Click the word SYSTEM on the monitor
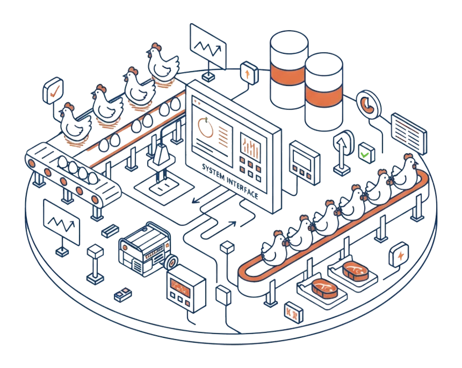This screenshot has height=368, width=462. [x=213, y=173]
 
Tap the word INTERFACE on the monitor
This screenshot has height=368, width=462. [x=243, y=188]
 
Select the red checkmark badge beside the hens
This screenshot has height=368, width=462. [x=53, y=90]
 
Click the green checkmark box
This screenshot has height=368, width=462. [x=366, y=153]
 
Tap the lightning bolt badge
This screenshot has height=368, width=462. [x=399, y=254]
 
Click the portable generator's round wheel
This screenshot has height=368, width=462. [x=171, y=262]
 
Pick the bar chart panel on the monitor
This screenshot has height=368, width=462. [x=250, y=147]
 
